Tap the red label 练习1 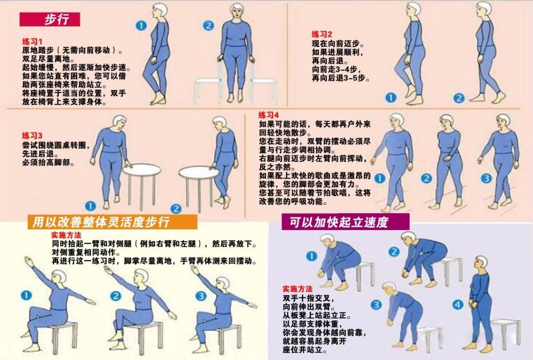pyautogui.click(x=32, y=42)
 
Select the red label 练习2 pyautogui.click(x=322, y=34)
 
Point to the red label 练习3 pyautogui.click(x=32, y=136)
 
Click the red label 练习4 pyautogui.click(x=269, y=115)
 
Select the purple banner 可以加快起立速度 pyautogui.click(x=345, y=222)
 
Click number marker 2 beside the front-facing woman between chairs pyautogui.click(x=208, y=25)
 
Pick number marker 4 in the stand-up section pyautogui.click(x=458, y=305)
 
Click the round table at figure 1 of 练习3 pyautogui.click(x=139, y=169)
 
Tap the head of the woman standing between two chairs pyautogui.click(x=237, y=11)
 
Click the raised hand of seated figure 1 pyautogui.click(x=28, y=261)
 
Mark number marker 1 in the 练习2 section pyautogui.click(x=391, y=98)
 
